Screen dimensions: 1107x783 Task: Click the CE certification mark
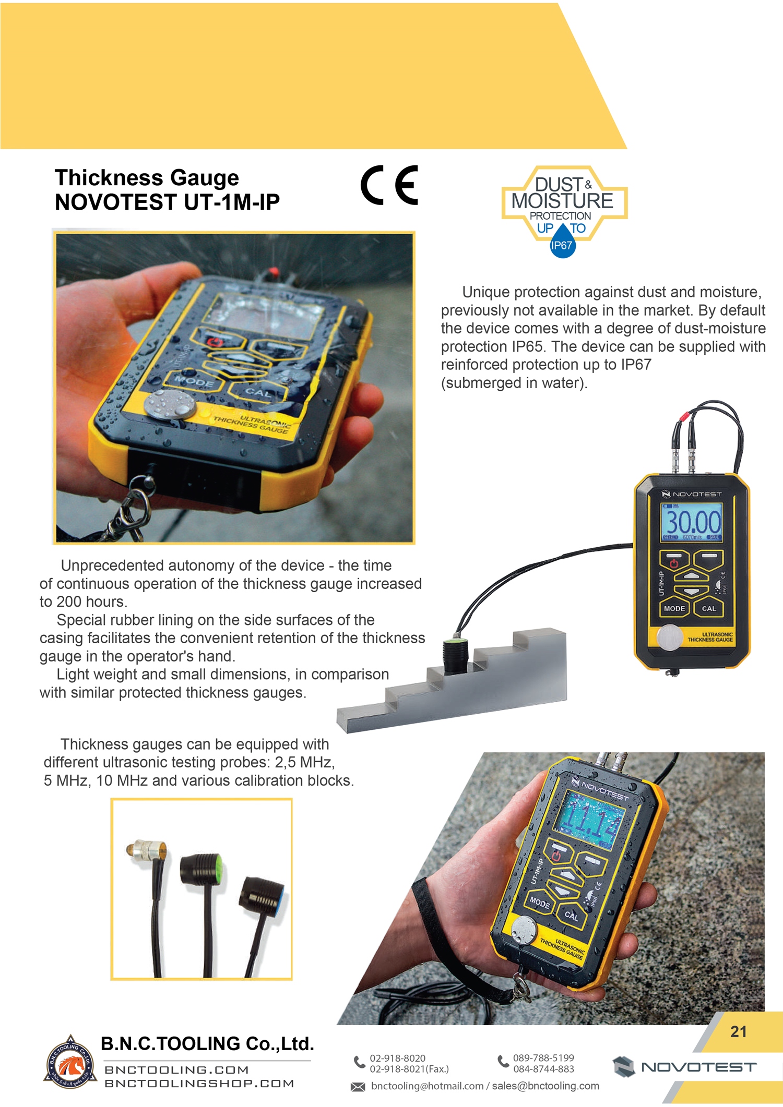coord(389,185)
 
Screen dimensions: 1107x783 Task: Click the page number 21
coord(738,1031)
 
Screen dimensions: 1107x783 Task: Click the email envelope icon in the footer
coord(358,1087)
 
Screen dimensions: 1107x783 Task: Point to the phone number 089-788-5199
coord(543,1057)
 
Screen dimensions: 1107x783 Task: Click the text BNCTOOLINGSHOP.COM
coord(199,1084)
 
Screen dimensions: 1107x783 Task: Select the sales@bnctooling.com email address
coord(545,1086)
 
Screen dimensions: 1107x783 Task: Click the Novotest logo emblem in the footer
coord(623,1067)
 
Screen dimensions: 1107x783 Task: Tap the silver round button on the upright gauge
coord(669,637)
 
